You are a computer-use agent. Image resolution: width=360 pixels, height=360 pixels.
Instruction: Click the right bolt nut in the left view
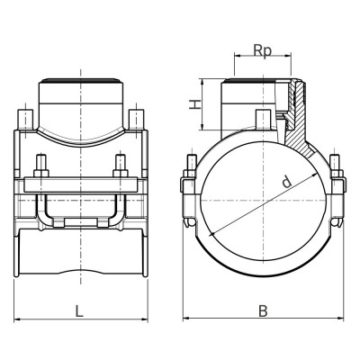point(120,166)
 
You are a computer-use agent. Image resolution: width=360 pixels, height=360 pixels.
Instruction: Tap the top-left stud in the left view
point(22,120)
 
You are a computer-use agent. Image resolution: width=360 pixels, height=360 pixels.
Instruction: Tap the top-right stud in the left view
point(137,120)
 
